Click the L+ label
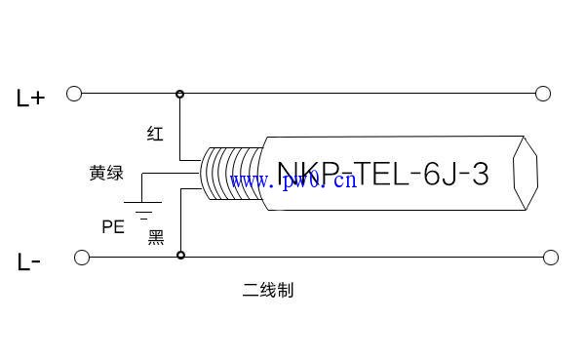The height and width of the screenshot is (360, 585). (31, 97)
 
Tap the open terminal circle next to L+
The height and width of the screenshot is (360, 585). (73, 94)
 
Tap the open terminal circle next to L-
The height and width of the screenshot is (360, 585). (81, 257)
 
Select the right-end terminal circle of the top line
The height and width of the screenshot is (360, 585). (544, 94)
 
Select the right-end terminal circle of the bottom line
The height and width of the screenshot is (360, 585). (551, 257)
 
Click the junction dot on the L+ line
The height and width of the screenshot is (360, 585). (179, 94)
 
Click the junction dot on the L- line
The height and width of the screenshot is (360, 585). (179, 256)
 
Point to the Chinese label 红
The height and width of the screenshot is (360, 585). (155, 134)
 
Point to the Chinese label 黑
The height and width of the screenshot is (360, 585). (155, 237)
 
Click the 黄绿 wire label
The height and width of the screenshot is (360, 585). (106, 174)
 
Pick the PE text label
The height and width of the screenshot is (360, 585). (113, 226)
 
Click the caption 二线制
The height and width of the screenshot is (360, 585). (268, 290)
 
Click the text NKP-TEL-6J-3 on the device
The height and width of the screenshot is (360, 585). (382, 174)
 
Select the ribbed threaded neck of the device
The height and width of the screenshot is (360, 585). (230, 175)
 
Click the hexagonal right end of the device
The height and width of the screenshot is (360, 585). (527, 174)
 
